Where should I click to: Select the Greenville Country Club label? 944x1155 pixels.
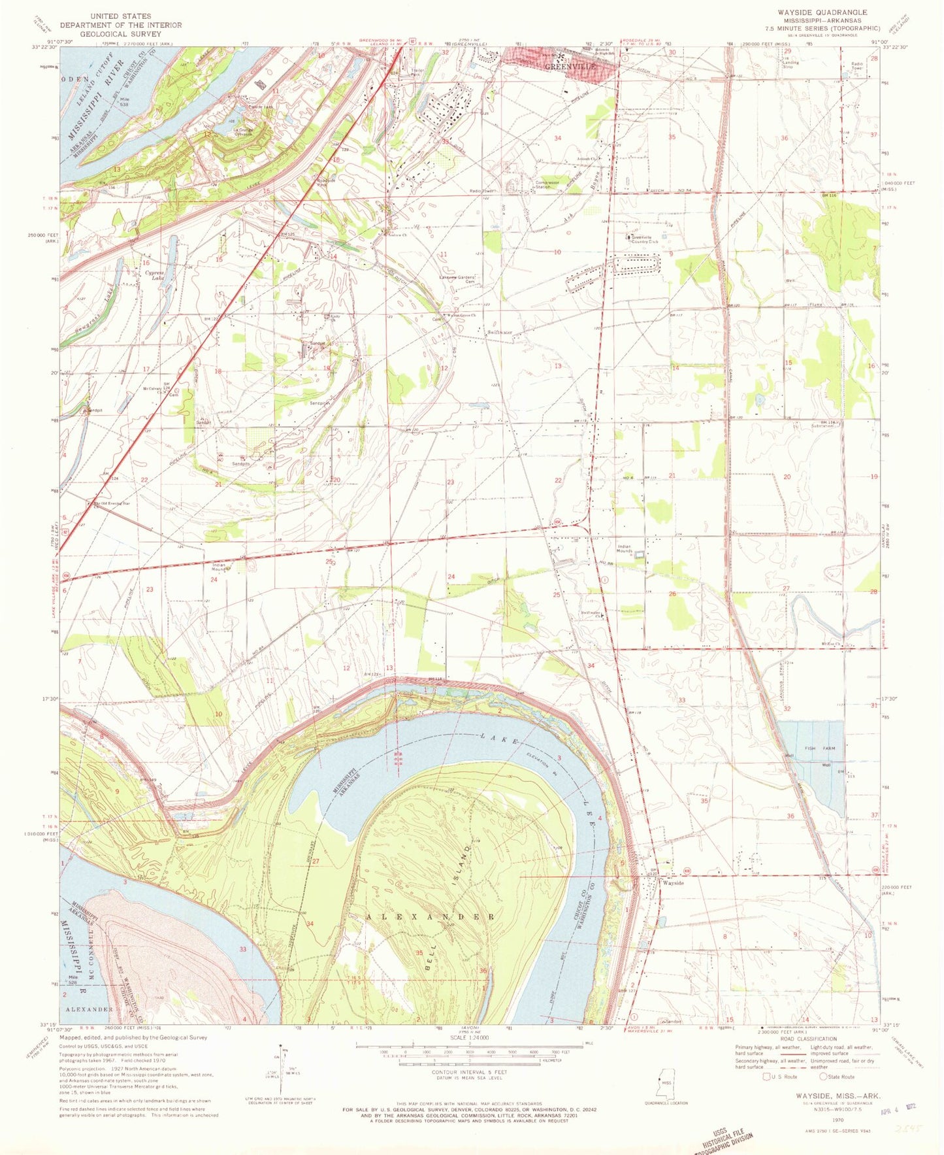coord(644,239)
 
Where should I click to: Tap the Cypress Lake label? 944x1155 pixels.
coord(155,276)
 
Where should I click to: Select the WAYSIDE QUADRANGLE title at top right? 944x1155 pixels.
coord(822,12)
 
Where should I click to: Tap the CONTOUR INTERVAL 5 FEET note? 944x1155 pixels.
coord(466,1072)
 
